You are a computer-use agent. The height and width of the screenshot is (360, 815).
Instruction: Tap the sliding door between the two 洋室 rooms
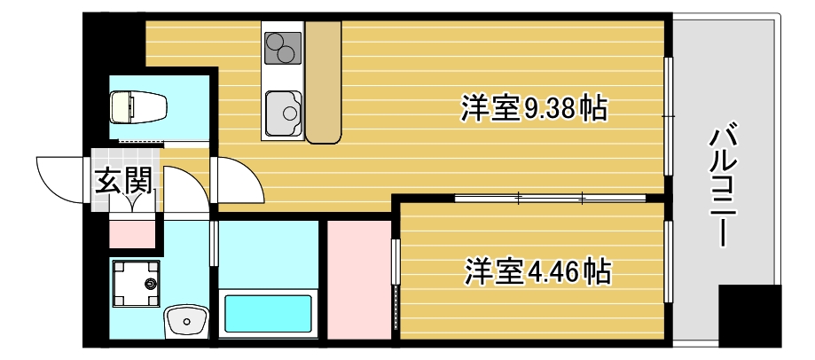pos(550,196)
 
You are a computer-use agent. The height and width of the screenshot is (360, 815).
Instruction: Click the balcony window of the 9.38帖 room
pos(669,115)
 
